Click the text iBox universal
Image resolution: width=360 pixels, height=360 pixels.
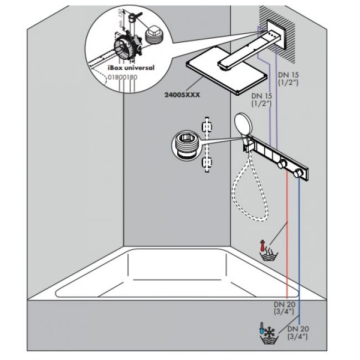(x=130, y=68)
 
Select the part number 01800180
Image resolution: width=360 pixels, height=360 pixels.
(x=122, y=77)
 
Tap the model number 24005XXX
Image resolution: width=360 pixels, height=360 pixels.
(x=182, y=94)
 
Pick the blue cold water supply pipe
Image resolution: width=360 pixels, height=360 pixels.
(x=300, y=249)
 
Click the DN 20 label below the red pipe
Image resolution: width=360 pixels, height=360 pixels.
(x=283, y=307)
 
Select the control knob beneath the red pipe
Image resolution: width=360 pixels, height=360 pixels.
(x=283, y=164)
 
